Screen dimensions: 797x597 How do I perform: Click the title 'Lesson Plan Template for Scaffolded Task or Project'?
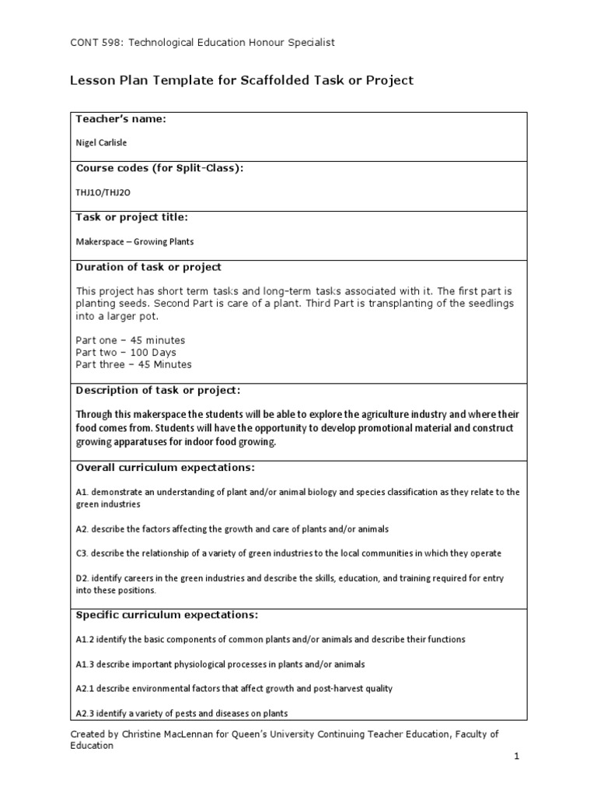coord(242,80)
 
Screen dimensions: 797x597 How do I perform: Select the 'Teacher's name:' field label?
coord(120,118)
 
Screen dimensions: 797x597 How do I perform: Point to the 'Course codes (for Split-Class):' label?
coord(159,168)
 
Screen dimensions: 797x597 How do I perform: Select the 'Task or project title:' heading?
coord(131,216)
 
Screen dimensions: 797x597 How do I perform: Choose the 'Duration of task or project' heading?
coord(148,266)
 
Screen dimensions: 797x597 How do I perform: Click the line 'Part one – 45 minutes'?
coord(131,340)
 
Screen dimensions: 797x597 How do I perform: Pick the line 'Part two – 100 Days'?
coord(126,353)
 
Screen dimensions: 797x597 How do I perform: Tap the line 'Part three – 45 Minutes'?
coord(134,364)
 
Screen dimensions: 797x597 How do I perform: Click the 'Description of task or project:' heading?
coord(158,389)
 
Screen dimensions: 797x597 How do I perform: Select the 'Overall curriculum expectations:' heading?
coord(165,467)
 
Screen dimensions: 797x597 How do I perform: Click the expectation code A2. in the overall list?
coord(82,528)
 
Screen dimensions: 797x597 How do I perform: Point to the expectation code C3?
coord(82,553)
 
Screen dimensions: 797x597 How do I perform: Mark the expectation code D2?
coord(82,578)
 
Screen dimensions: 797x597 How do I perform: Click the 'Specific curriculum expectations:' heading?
coord(166,614)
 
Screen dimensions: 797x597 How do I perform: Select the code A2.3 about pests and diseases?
coord(86,713)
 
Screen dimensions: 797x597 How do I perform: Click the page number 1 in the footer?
coord(516,756)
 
